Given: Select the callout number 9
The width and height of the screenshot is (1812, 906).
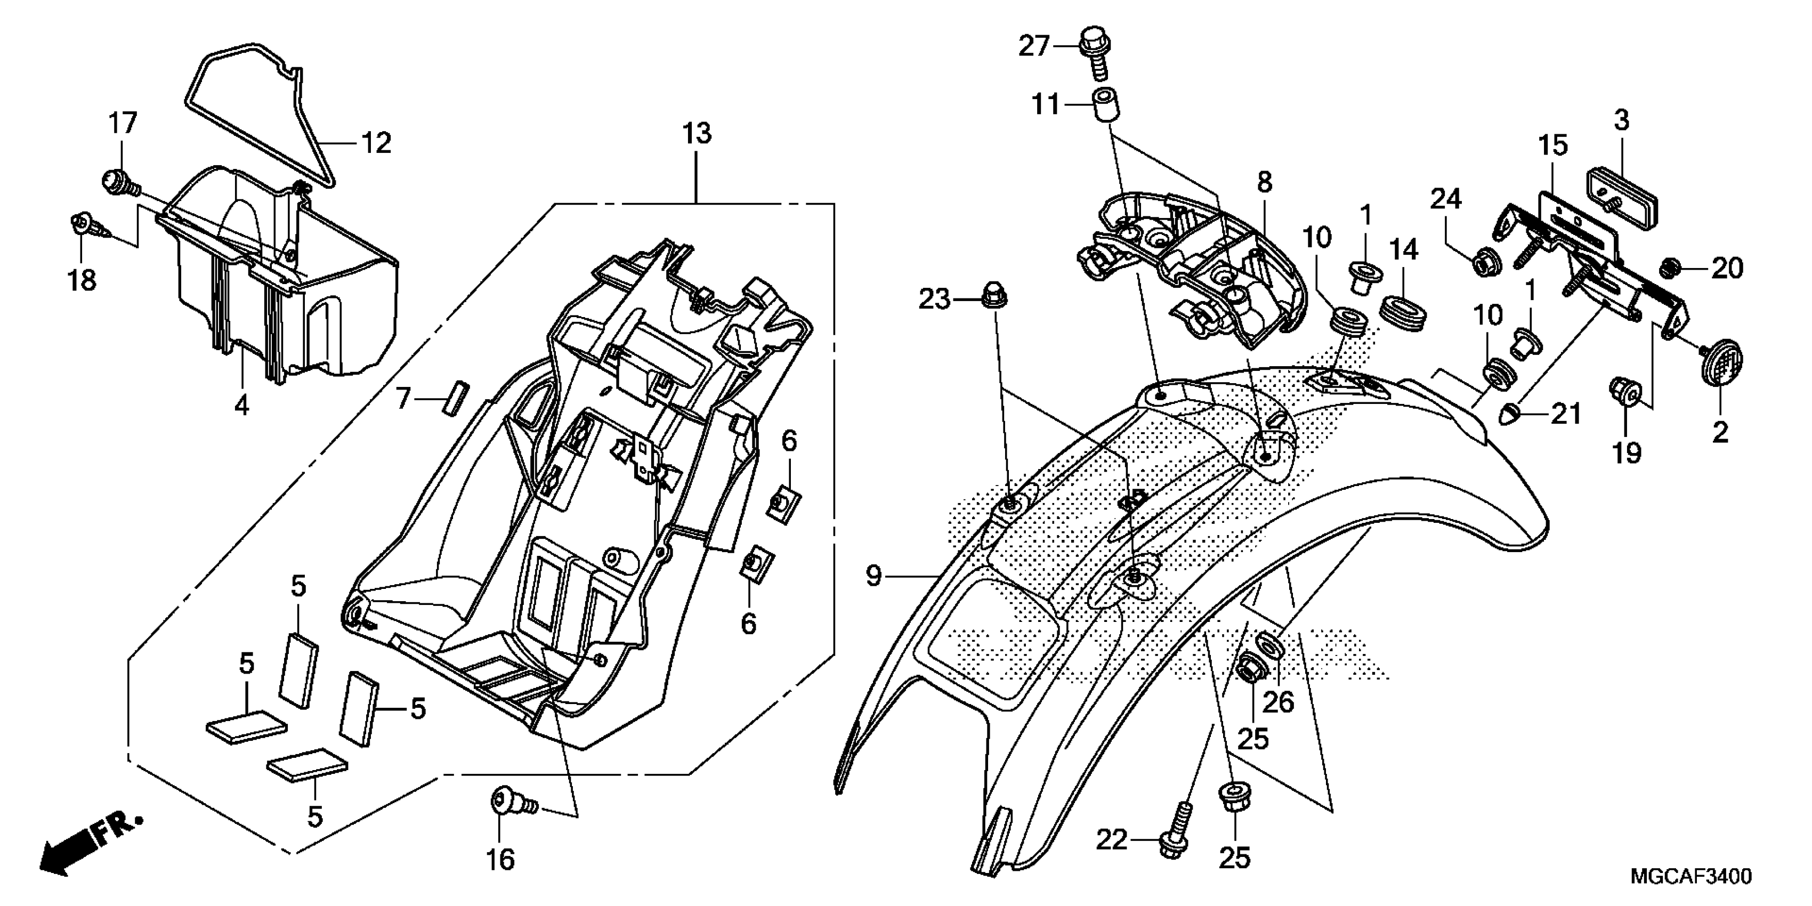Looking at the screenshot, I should click(x=873, y=576).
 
